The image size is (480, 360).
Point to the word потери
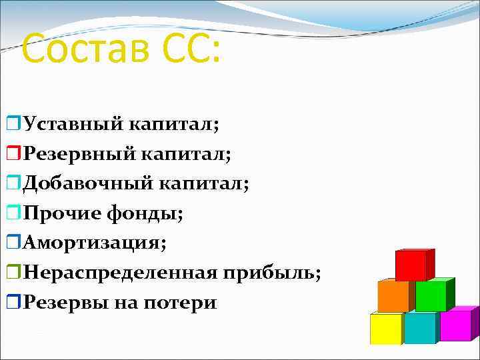183,302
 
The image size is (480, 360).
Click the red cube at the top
412,265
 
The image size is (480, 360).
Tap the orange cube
393,296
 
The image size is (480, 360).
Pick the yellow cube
386,328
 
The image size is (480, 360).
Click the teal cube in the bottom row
420,328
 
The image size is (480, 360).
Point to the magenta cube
456,325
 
